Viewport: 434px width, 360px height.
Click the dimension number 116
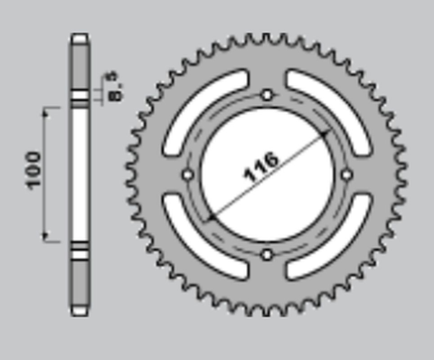(262, 166)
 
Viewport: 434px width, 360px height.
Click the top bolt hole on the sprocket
(268, 95)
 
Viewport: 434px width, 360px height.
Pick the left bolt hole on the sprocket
(187, 175)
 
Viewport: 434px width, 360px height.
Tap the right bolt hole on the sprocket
(348, 175)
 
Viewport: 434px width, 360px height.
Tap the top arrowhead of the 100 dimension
(45, 111)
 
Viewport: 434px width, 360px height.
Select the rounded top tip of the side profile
(80, 37)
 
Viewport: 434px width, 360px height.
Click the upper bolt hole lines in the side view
(80, 96)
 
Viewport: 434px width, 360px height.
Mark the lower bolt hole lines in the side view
(80, 251)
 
